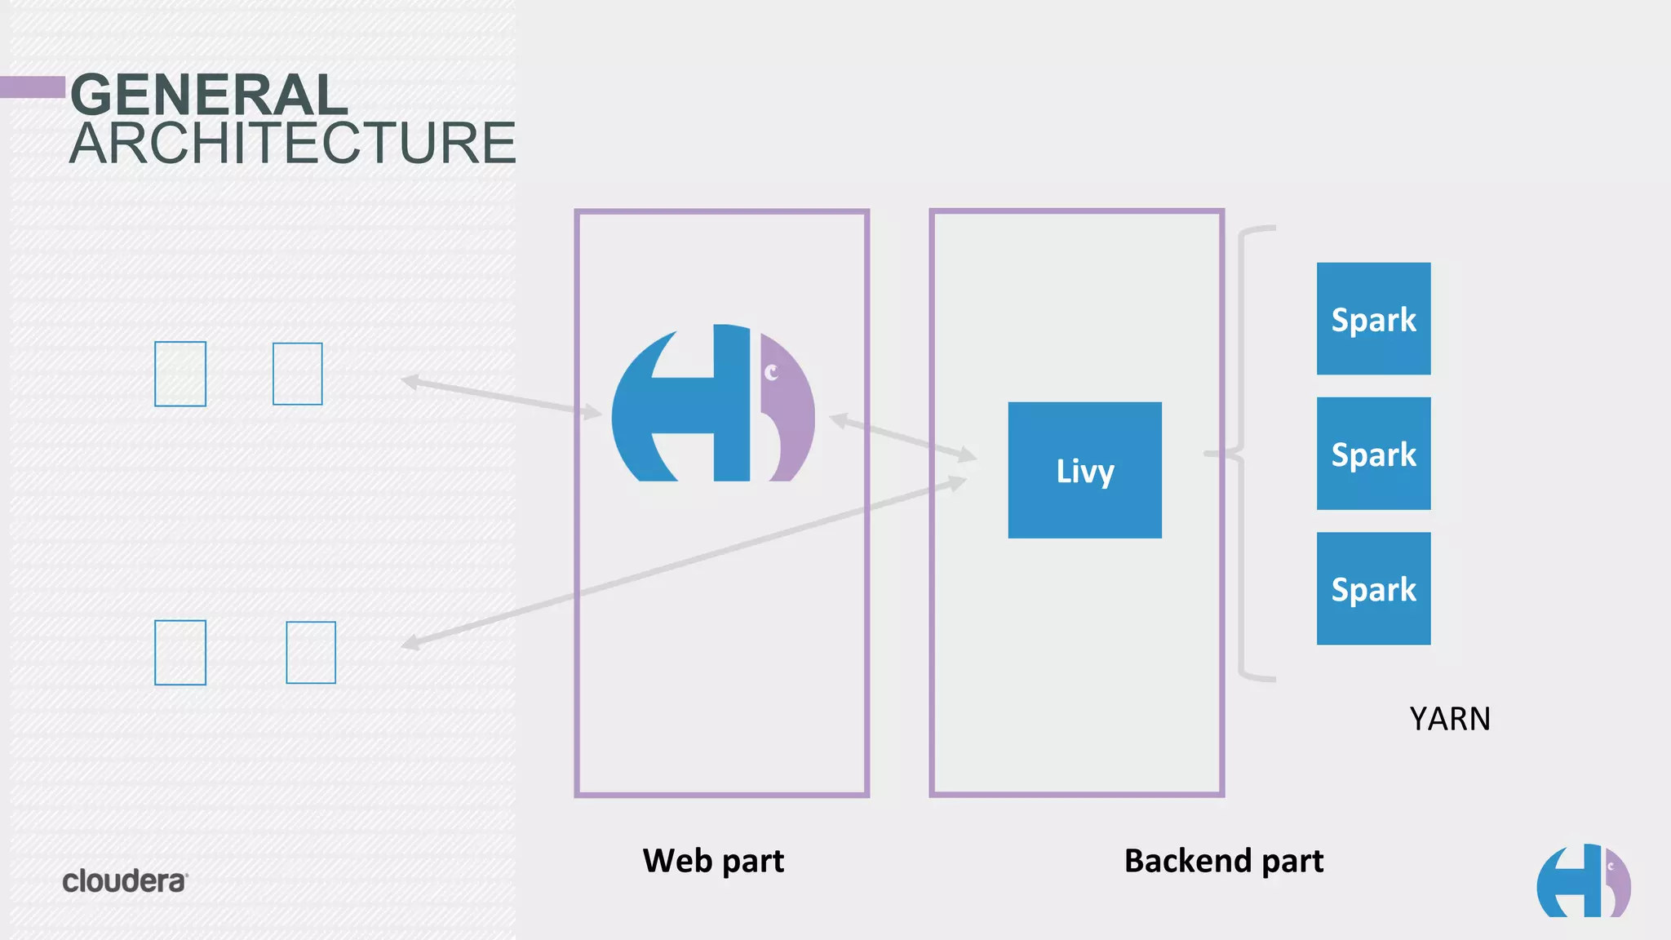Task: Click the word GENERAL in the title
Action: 209,95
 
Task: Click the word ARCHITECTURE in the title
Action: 292,144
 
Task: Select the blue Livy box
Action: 1084,470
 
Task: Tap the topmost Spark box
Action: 1373,319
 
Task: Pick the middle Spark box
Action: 1373,454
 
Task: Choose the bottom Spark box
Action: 1373,588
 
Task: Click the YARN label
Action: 1450,719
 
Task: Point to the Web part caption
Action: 713,861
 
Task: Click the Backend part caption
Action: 1223,861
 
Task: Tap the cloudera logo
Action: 125,881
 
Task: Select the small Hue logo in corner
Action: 1583,881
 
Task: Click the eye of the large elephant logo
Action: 771,373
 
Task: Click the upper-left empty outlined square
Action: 180,374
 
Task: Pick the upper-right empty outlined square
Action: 297,374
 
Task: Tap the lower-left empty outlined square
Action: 180,653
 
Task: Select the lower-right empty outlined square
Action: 311,653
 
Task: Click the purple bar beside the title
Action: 33,87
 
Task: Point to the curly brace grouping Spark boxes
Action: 1242,453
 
